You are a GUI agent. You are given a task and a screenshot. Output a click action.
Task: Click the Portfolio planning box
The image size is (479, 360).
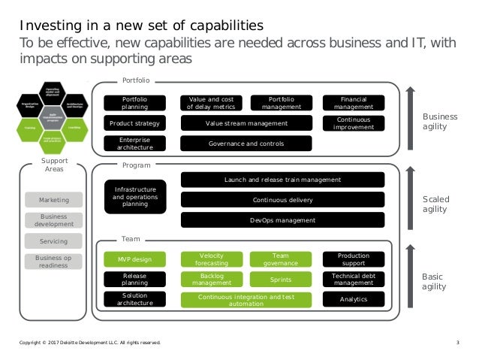tap(134, 102)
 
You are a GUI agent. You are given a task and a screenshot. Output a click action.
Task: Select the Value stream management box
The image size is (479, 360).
tap(246, 123)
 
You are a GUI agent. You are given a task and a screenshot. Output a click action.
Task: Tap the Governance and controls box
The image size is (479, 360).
tap(246, 144)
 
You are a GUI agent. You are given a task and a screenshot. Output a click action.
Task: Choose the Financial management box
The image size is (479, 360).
tap(353, 102)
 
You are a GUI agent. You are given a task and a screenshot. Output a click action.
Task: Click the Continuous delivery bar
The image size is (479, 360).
tap(282, 200)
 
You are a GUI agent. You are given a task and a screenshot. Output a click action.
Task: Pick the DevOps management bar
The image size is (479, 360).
tap(282, 220)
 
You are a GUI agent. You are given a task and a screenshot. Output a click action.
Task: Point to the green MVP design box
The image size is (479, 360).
tap(134, 259)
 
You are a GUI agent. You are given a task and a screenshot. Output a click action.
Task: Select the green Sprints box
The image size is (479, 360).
tap(281, 280)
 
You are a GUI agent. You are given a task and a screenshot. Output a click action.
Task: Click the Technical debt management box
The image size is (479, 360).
tap(353, 280)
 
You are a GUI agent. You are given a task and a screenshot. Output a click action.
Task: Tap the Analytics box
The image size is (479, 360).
tap(353, 299)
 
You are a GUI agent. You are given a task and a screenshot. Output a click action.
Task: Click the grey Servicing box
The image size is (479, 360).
tap(54, 241)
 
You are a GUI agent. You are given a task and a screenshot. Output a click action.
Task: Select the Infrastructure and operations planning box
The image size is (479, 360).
tap(134, 197)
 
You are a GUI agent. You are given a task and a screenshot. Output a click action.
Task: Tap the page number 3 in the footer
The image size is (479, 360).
tap(457, 343)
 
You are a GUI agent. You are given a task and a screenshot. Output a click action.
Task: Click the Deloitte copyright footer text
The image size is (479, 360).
tap(89, 343)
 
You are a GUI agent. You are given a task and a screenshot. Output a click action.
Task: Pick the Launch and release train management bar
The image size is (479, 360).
tap(282, 180)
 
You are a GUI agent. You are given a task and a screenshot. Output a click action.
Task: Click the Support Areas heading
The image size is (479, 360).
tap(54, 165)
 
